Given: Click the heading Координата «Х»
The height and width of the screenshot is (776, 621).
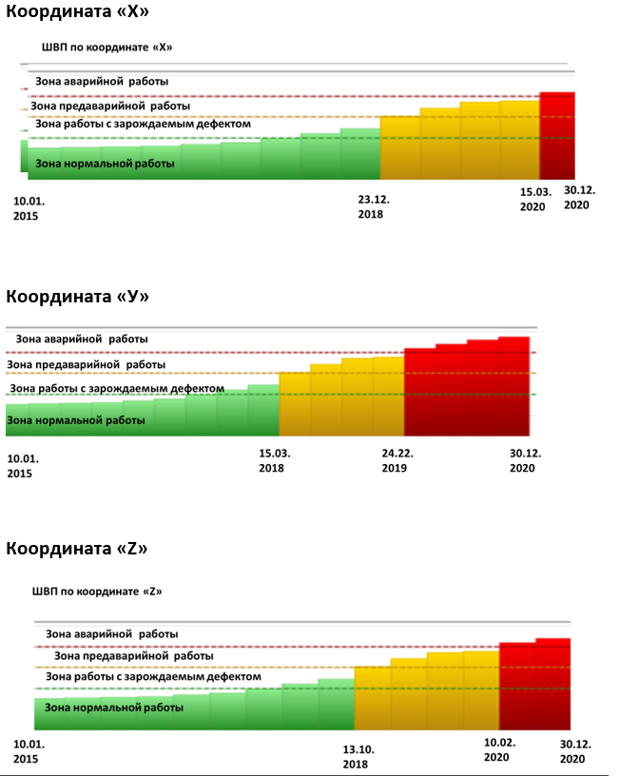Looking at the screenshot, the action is tap(77, 11).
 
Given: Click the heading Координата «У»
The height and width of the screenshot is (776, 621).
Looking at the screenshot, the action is tap(77, 297).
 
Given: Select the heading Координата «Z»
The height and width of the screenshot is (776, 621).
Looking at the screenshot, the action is tap(77, 549).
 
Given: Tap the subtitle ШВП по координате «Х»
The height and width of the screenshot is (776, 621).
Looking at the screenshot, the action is tap(107, 48).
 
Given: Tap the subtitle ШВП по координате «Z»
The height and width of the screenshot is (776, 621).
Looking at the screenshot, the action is tap(97, 592).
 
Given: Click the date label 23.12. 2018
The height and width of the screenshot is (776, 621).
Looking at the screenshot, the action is tap(374, 207).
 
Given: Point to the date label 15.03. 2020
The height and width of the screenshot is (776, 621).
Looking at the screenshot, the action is tap(535, 200).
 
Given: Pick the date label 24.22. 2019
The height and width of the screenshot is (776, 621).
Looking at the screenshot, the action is tap(398, 460).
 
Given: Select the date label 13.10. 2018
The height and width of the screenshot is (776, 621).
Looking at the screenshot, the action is tap(359, 757).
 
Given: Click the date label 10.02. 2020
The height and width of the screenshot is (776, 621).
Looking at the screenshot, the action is tap(500, 749).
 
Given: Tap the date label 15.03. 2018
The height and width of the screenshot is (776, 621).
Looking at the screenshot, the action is tap(275, 460).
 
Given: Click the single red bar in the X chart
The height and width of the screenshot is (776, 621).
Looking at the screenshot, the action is tap(557, 136).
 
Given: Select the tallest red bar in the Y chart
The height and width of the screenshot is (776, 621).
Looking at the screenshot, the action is tap(514, 386).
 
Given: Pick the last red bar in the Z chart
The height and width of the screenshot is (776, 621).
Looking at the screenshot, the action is tap(553, 684).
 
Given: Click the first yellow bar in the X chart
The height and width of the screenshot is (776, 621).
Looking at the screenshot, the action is tap(399, 147).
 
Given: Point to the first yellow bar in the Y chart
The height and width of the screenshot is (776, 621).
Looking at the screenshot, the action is tap(295, 404).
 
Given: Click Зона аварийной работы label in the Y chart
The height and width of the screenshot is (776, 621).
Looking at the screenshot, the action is tap(82, 339).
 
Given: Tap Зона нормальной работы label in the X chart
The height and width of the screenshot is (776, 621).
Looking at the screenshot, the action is tap(105, 164).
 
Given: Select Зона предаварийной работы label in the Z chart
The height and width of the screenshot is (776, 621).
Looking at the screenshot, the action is tap(133, 656).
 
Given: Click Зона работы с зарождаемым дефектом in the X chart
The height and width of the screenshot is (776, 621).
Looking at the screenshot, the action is tap(143, 124).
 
